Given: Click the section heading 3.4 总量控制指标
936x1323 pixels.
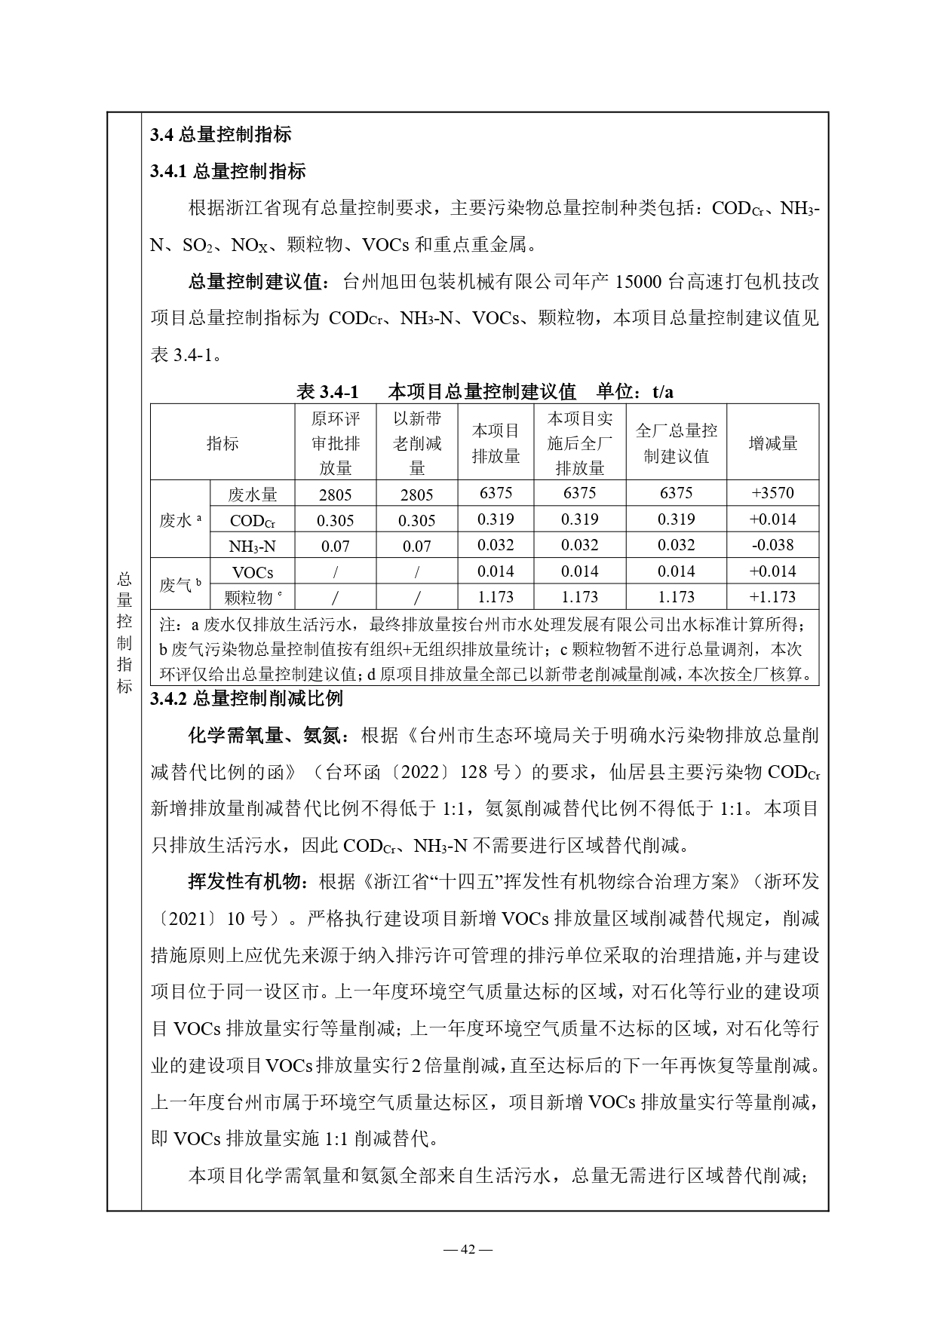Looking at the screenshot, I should click(220, 135).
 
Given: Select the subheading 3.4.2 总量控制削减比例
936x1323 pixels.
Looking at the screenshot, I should click(246, 698).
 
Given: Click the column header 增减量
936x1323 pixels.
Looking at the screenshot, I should click(772, 443).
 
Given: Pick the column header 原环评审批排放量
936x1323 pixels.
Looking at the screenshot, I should click(336, 443).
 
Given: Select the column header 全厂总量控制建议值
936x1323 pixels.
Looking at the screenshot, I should click(676, 443).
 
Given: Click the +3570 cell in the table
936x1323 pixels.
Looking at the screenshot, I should click(772, 493).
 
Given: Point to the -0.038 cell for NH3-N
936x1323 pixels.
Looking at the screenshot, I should click(772, 545).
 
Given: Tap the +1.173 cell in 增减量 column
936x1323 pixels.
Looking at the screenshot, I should click(772, 597).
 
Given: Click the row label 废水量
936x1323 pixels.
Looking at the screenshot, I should click(253, 495).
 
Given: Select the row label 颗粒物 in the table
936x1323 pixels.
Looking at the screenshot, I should click(250, 597).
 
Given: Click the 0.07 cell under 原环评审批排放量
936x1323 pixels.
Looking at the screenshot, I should click(336, 546).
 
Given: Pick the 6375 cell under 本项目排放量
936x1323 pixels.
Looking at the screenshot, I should click(496, 493).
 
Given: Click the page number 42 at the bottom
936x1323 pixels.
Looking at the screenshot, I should click(468, 1249).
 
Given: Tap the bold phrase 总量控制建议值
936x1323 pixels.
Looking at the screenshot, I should click(255, 283).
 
